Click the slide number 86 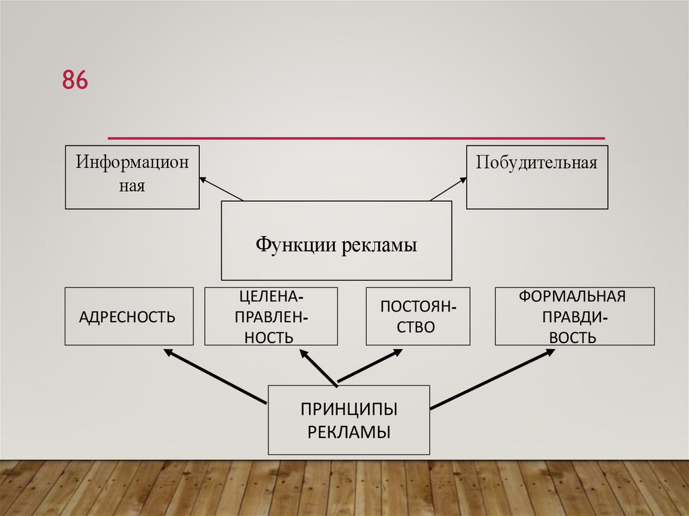tap(75, 80)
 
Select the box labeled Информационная tap(133, 177)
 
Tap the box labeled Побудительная tap(537, 177)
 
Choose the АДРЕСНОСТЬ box tap(129, 316)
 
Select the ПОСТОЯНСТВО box tap(418, 316)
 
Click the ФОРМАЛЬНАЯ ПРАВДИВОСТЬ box tap(574, 316)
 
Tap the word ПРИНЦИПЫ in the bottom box tap(349, 409)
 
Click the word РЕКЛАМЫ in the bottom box tap(349, 431)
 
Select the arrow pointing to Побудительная tap(448, 189)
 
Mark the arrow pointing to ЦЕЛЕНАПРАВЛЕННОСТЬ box tap(318, 367)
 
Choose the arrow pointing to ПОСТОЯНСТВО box tap(369, 367)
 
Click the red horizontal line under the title tap(356, 138)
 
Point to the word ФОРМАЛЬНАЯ tap(573, 297)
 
